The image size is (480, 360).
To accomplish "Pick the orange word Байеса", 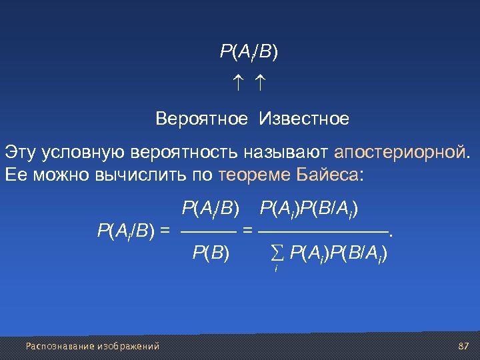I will [329, 175].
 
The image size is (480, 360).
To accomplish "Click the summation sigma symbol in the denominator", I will [277, 253].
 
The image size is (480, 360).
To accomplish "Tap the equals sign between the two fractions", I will [247, 232].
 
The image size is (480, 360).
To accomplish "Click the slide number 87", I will [464, 346].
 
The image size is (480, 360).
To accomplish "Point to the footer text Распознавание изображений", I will [93, 346].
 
